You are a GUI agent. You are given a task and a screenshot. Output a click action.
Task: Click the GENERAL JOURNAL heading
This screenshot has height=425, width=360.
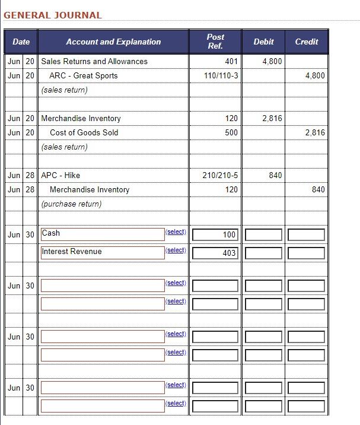point(53,15)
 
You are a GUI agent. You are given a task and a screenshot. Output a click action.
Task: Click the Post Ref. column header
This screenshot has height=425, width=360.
point(215,42)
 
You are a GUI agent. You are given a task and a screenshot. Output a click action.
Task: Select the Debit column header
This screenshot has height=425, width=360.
point(263,42)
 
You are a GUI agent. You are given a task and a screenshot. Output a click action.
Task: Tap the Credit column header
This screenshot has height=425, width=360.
point(306,42)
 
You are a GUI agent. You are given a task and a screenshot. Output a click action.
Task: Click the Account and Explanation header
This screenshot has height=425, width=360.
point(113,42)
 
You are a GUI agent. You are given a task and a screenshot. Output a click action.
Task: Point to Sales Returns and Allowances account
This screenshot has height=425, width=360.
point(94,61)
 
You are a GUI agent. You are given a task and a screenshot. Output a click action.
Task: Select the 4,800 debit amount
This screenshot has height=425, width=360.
point(272,61)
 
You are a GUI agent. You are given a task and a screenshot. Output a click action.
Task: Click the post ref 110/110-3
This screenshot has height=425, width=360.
point(221,75)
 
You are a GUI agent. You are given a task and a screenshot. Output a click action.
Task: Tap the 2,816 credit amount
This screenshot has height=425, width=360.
point(315,132)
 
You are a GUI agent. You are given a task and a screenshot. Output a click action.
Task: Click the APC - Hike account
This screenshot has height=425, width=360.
point(60,175)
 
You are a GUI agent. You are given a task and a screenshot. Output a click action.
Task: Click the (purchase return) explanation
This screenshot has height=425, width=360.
point(71,204)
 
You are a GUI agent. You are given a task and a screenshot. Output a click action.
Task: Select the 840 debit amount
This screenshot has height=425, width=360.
point(275,175)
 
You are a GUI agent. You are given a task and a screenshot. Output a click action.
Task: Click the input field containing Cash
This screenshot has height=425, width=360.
point(102,234)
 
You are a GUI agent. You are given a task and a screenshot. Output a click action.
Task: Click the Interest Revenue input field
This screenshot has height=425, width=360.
point(102,252)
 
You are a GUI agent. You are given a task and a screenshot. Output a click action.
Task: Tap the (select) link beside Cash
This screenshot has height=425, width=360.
point(176,232)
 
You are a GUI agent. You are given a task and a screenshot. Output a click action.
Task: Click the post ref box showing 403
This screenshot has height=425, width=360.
point(215,253)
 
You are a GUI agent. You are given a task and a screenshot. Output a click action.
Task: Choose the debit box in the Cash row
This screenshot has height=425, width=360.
point(263,234)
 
